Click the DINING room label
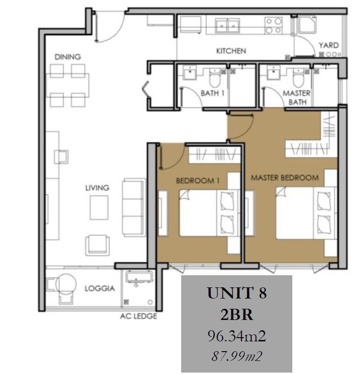68,57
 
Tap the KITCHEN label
231,51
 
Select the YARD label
329,45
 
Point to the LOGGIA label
100,288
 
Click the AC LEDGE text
139,316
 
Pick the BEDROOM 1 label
198,180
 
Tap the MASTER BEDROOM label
285,178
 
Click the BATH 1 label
212,93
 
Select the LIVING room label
97,188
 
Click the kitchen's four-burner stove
274,25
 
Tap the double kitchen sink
227,26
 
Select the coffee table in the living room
99,208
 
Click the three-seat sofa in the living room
134,208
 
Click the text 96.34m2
237,336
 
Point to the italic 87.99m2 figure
237,356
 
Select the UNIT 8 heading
237,293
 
